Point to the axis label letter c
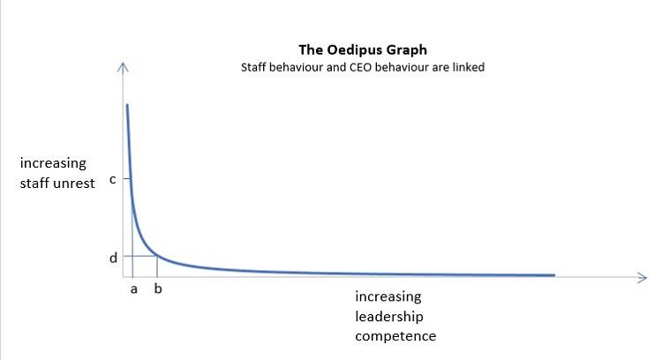[112, 179]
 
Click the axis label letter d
[112, 259]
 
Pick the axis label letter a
[132, 289]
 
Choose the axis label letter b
[158, 289]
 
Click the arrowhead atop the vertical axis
[124, 67]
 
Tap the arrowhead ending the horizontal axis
[643, 278]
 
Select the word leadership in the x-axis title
[390, 316]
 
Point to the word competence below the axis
[396, 336]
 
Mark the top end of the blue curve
[127, 105]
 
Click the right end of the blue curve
[554, 275]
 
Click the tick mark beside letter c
[126, 179]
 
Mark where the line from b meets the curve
[158, 255]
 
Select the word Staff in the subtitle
[255, 67]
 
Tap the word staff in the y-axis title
[35, 183]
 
